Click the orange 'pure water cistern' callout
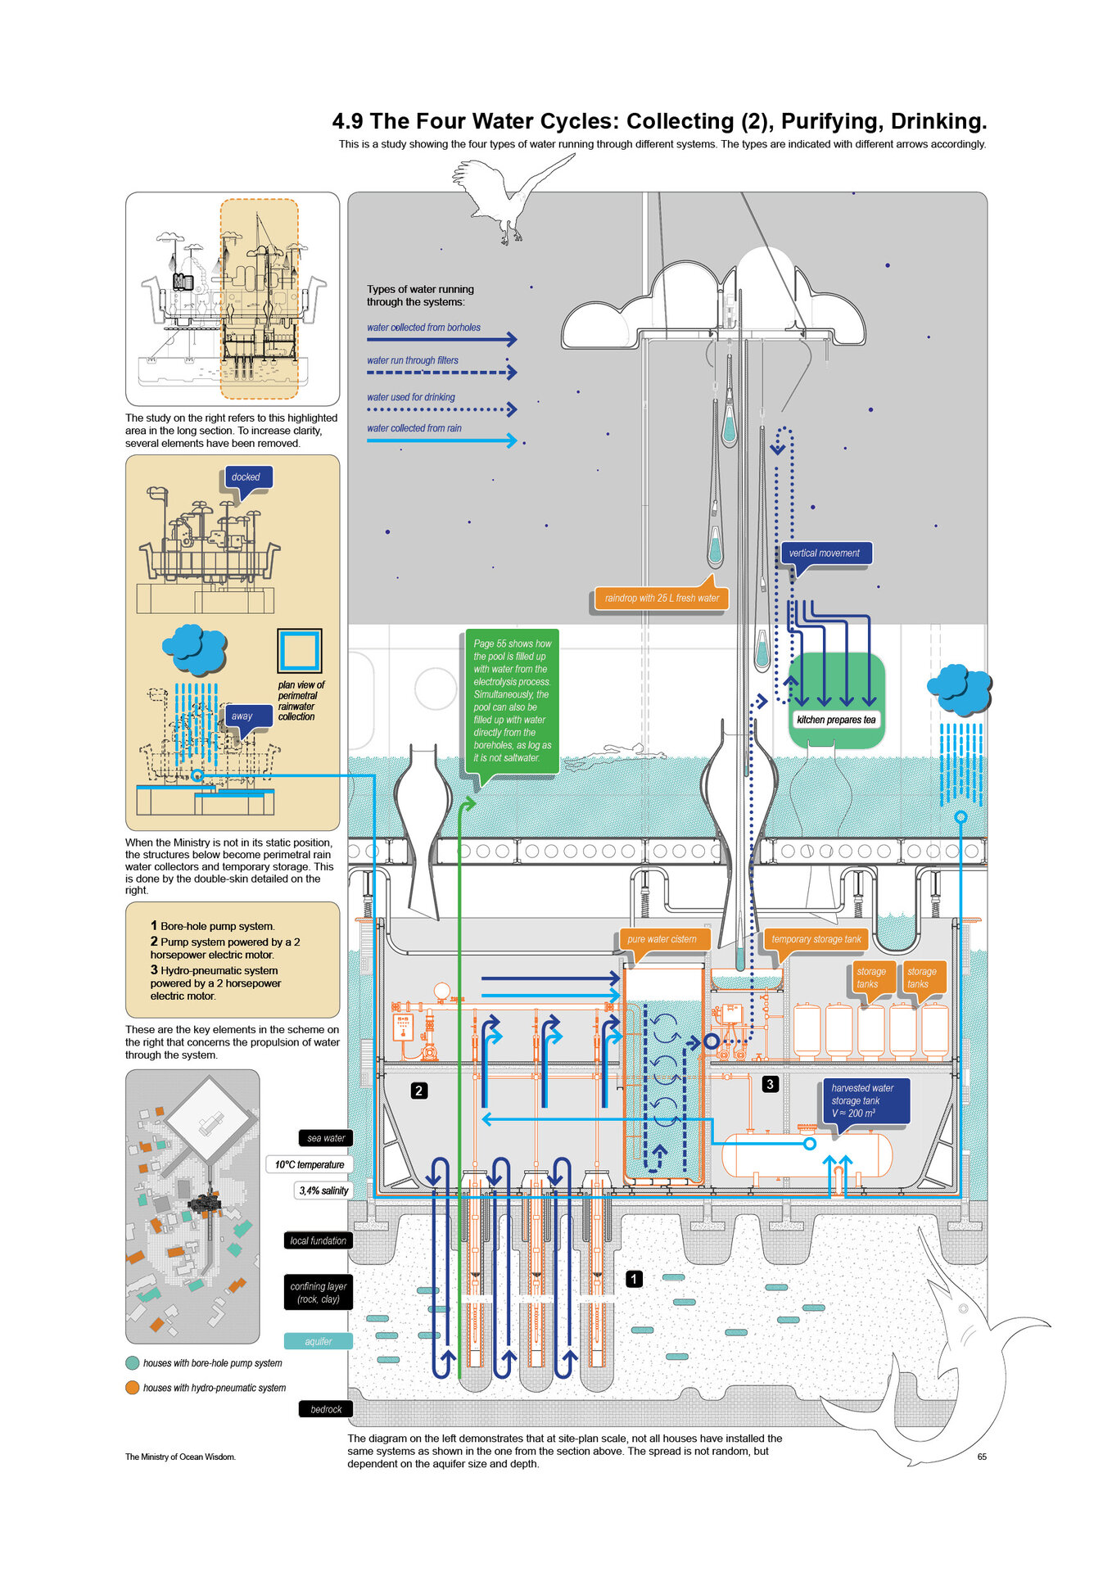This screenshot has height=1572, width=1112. (x=662, y=939)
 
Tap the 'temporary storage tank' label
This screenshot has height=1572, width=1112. (x=816, y=939)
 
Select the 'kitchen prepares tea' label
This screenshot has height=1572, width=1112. (x=836, y=720)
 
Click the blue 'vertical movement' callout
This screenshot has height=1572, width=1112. (x=825, y=553)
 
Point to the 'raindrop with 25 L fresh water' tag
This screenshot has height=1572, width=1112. (x=661, y=599)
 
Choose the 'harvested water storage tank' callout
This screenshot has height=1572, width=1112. (x=864, y=1100)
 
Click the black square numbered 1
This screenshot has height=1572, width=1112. (x=634, y=1278)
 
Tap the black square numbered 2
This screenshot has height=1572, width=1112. (x=419, y=1091)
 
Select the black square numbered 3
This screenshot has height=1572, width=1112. (x=770, y=1084)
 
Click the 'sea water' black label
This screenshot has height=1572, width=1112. (x=325, y=1138)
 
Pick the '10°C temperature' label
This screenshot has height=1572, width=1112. (x=310, y=1164)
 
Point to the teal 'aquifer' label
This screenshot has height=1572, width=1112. (x=319, y=1341)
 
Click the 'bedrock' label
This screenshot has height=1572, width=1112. (x=326, y=1409)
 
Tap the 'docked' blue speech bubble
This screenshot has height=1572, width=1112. (x=246, y=477)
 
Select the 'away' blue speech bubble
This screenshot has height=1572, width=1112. (x=242, y=716)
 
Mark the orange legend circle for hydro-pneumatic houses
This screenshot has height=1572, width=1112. (x=132, y=1388)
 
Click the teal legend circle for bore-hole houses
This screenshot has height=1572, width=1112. (x=132, y=1363)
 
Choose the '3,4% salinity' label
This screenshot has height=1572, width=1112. (x=323, y=1190)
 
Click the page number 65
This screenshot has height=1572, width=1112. (x=982, y=1457)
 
